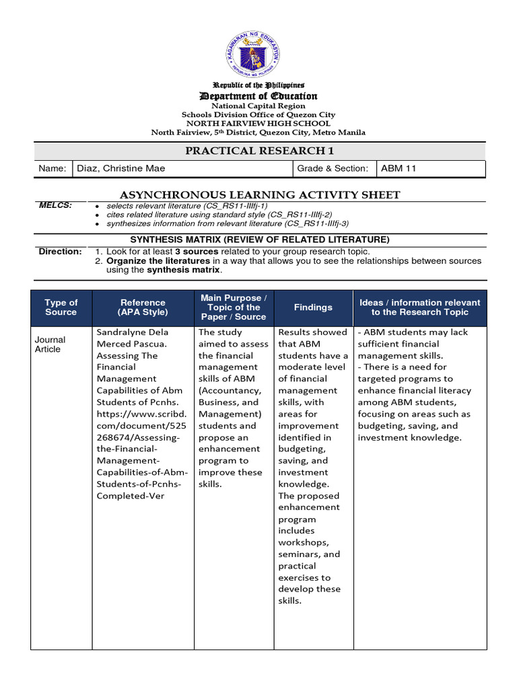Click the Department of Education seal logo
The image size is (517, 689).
tap(258, 54)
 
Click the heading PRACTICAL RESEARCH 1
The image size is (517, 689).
tap(259, 150)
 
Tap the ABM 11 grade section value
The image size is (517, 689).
tap(399, 168)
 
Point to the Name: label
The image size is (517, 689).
tap(53, 168)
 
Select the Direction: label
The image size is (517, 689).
tap(60, 251)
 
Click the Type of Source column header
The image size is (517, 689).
tap(61, 307)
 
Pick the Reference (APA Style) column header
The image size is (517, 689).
tap(143, 307)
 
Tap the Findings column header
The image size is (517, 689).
tap(313, 307)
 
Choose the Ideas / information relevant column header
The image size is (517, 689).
tap(419, 307)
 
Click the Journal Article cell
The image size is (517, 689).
tap(48, 344)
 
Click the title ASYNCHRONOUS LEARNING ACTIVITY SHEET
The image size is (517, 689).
tap(259, 195)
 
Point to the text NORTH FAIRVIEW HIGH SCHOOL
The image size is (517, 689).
tap(258, 124)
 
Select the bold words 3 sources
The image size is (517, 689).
tap(197, 251)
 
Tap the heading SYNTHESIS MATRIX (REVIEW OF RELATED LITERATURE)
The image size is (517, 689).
tap(259, 240)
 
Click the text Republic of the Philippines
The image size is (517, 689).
tap(258, 85)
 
